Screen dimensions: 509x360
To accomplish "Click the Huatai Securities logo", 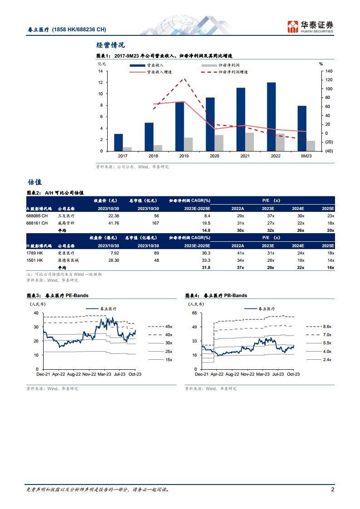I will tap(311, 27).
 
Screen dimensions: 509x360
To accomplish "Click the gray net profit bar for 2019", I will tap(188, 144).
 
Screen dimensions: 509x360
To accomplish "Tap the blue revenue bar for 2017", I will tap(118, 142).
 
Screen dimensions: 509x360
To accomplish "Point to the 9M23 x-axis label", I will tap(306, 156).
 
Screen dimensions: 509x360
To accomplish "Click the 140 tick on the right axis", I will tap(329, 71).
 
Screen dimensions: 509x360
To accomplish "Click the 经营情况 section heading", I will tap(111, 45).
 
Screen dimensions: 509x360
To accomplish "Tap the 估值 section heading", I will tap(35, 182).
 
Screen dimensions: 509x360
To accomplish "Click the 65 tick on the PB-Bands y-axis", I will tap(194, 313).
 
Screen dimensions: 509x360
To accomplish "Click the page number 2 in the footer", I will tap(333, 490).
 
